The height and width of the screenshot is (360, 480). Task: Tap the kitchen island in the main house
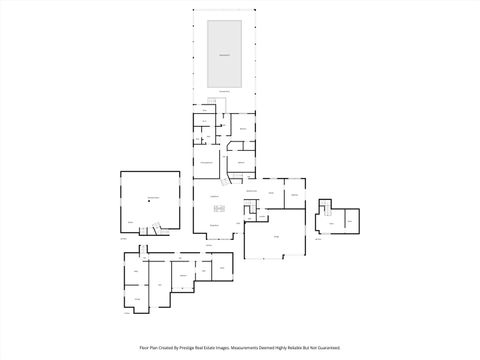pos(215,209)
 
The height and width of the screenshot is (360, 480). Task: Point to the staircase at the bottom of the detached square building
pos(150,231)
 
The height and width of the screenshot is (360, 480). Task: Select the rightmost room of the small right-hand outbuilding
pos(350,219)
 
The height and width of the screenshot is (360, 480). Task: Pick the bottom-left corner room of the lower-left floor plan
pos(135,299)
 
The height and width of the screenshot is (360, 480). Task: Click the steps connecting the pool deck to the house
pos(222,99)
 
